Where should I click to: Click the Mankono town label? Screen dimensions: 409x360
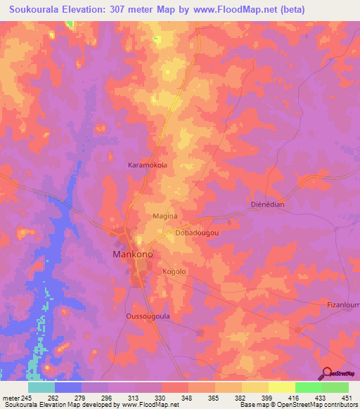pyautogui.click(x=132, y=254)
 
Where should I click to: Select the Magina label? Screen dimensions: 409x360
pyautogui.click(x=165, y=217)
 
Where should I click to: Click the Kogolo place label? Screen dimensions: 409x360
pyautogui.click(x=174, y=271)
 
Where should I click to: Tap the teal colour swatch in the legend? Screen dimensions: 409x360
pyautogui.click(x=41, y=387)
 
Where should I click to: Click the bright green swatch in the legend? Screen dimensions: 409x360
pyautogui.click(x=308, y=387)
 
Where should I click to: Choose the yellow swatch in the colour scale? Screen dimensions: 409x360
pyautogui.click(x=281, y=387)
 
